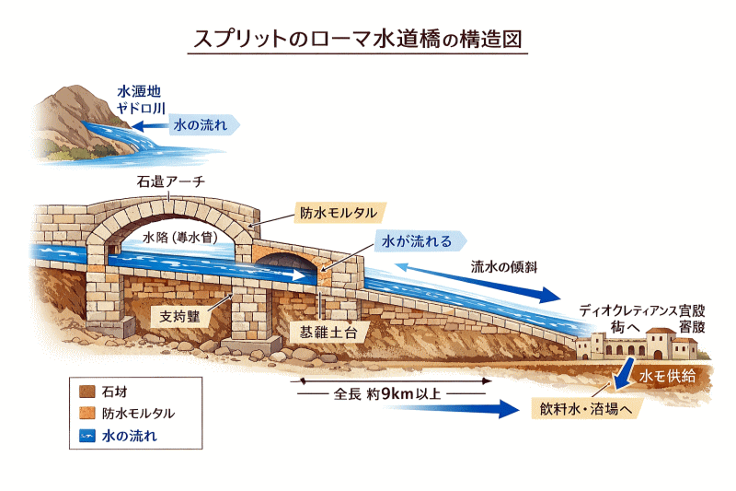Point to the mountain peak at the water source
click(74, 92)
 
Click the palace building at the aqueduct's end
click(644, 346)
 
